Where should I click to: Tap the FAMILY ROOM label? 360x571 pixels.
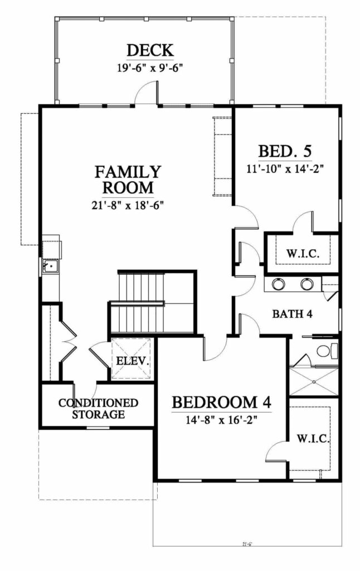pos(128,178)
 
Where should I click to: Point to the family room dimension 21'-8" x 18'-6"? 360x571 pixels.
pos(128,205)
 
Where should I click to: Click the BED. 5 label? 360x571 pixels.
pos(285,152)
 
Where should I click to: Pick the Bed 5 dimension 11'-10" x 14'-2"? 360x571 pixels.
pos(285,167)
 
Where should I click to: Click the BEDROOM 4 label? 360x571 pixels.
pos(221,402)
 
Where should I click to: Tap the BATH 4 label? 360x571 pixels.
pos(291,314)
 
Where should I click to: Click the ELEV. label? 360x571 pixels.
pos(132,361)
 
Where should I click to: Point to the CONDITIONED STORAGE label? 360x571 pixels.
pos(98,408)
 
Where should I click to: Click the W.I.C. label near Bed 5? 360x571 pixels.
pos(303,254)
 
